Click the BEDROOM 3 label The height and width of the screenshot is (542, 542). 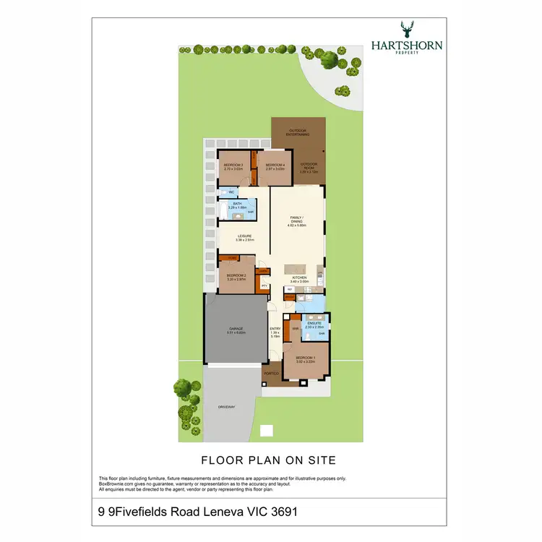pyautogui.click(x=233, y=165)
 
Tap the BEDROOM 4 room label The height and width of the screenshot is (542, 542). pyautogui.click(x=275, y=165)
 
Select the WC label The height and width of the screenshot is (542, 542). pyautogui.click(x=231, y=192)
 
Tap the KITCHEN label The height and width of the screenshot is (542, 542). pyautogui.click(x=299, y=278)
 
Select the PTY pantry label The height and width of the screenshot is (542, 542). pyautogui.click(x=264, y=285)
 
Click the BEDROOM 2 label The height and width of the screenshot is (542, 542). pyautogui.click(x=236, y=275)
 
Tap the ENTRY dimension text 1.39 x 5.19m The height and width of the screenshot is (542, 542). pyautogui.click(x=275, y=335)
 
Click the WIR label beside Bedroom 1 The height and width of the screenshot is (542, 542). pyautogui.click(x=295, y=328)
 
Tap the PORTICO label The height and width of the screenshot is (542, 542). pyautogui.click(x=271, y=373)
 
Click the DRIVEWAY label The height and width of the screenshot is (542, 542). pyautogui.click(x=226, y=407)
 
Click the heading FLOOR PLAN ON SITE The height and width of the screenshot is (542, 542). pyautogui.click(x=268, y=460)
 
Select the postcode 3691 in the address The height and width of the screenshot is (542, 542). pyautogui.click(x=283, y=512)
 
